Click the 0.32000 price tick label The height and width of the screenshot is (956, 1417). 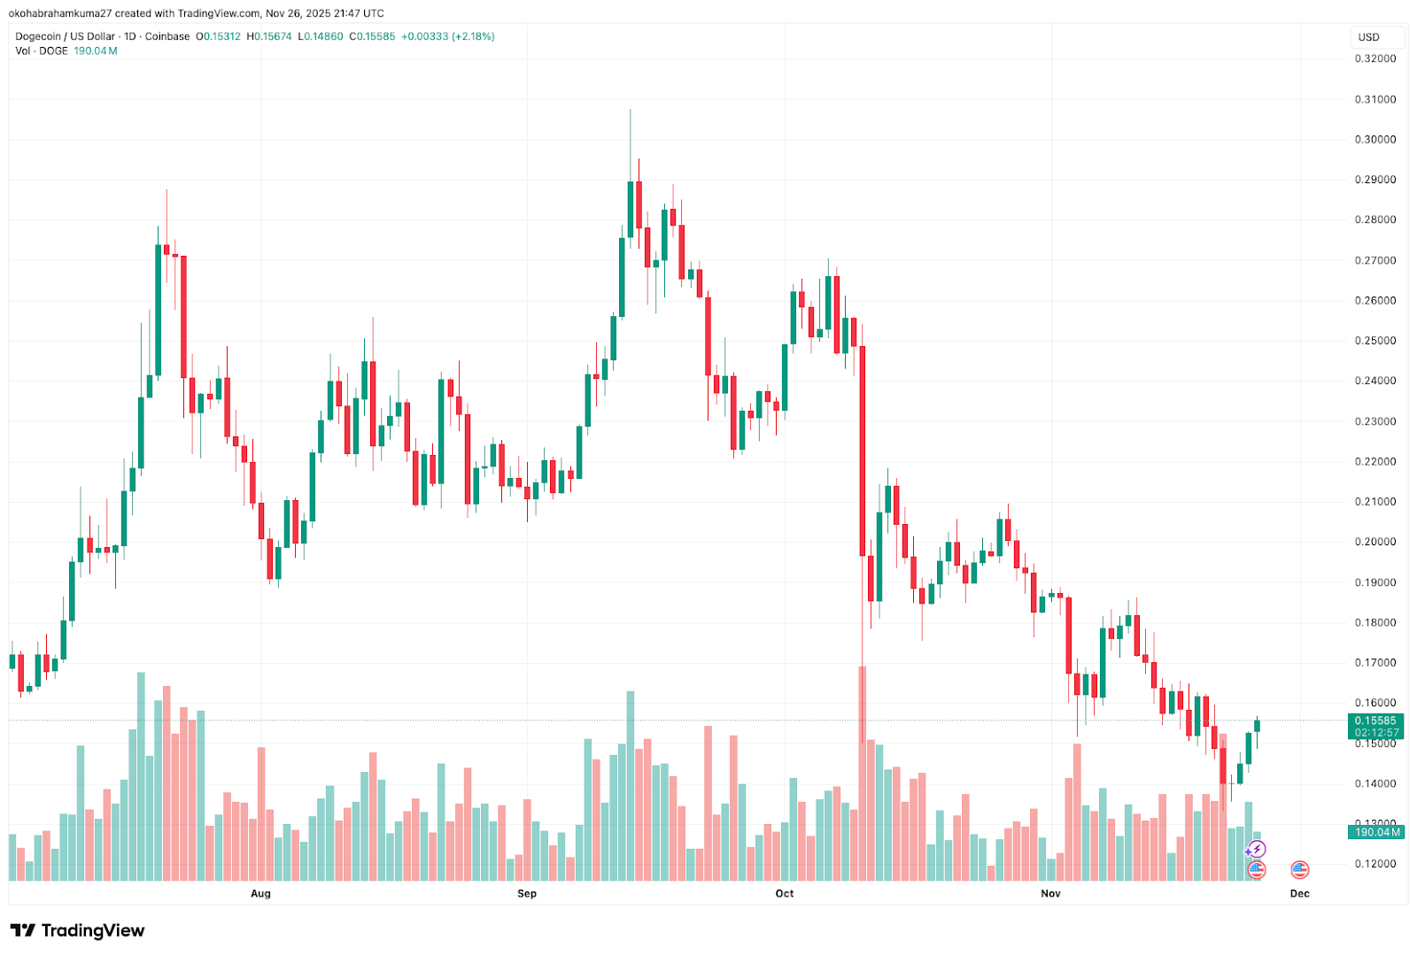click(1374, 59)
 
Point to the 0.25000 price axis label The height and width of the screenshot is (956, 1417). click(1374, 341)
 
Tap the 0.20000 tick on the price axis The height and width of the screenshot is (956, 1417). click(1374, 542)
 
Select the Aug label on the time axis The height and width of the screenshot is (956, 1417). click(260, 893)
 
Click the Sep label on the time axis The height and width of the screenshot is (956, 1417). click(527, 893)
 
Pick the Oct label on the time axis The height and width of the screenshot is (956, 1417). click(785, 893)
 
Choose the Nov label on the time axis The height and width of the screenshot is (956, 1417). click(1050, 893)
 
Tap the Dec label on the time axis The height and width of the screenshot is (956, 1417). click(1299, 893)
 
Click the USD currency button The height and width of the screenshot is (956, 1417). click(1369, 37)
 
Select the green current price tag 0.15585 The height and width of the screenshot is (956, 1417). click(1375, 721)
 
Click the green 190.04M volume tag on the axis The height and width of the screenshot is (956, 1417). click(1375, 832)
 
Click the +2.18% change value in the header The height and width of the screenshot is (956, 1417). click(474, 36)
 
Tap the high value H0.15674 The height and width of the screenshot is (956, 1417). click(269, 36)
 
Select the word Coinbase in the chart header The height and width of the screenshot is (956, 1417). click(167, 36)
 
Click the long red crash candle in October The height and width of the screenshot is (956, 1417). click(862, 451)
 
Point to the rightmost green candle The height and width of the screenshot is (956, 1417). click(1257, 726)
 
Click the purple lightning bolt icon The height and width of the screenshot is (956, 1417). click(1257, 850)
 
